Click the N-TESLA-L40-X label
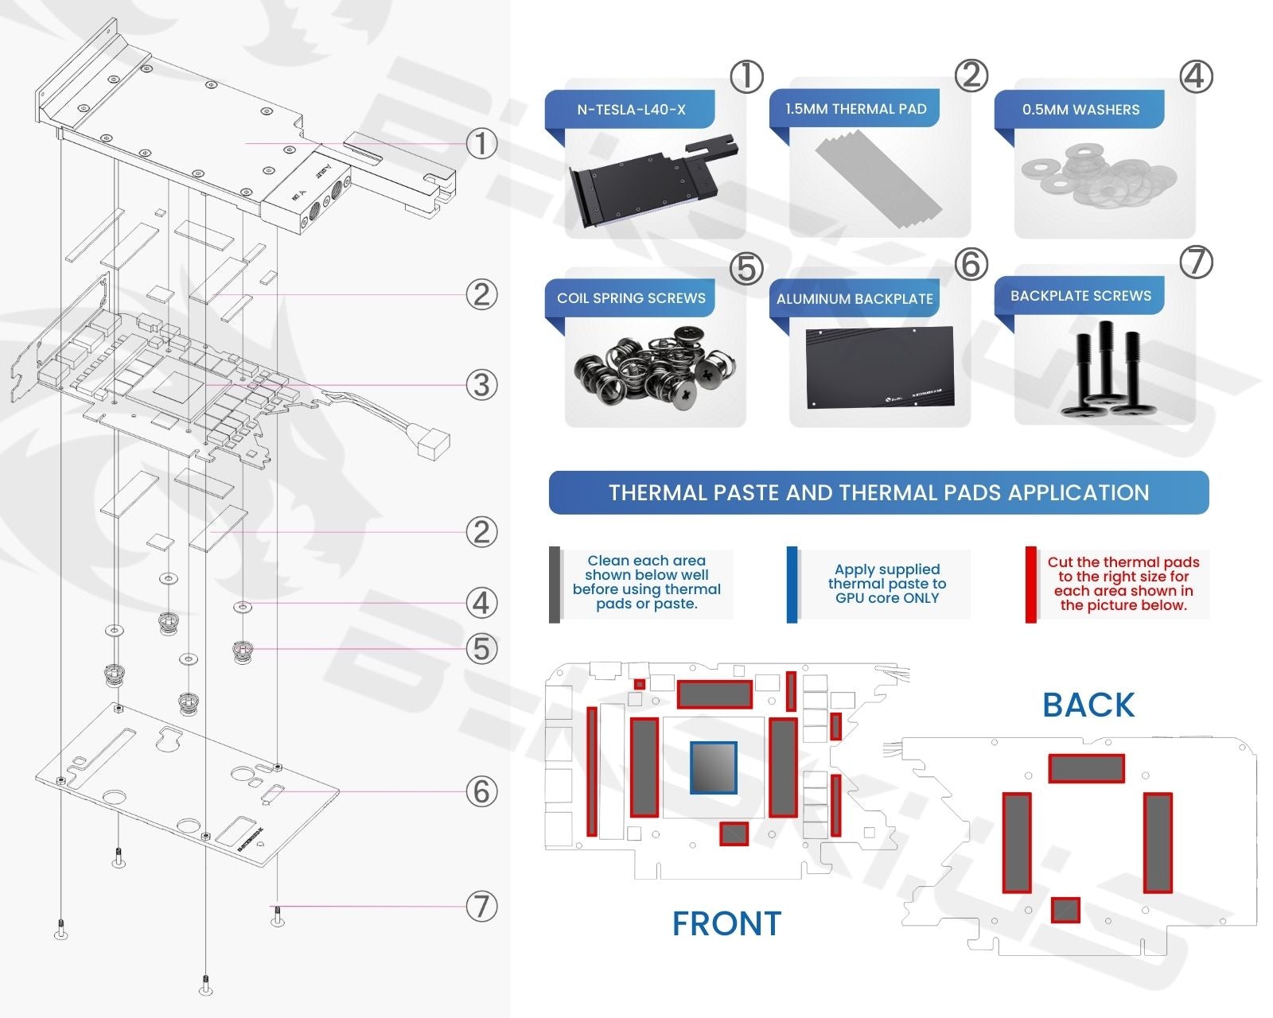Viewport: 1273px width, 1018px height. pos(631,110)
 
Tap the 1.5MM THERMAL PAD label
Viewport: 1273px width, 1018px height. pos(855,109)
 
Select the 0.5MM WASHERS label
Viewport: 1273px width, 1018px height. pos(1080,110)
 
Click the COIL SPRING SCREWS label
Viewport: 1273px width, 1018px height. pos(631,298)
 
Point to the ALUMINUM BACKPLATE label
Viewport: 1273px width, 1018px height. pos(855,299)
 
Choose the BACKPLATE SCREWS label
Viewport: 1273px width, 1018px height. pos(1080,296)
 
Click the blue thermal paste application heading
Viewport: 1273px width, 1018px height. pos(878,493)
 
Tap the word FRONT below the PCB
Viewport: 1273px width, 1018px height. pos(726,923)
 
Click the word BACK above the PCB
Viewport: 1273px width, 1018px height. pos(1088,705)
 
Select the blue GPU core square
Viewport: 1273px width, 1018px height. pos(713,767)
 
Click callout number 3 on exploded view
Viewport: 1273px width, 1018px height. pos(481,385)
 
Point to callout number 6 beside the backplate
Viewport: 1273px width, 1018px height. pos(481,791)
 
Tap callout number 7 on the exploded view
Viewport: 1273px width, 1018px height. pos(481,906)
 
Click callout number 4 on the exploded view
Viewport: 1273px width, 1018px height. pos(481,603)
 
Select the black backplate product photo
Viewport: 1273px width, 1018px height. pos(879,367)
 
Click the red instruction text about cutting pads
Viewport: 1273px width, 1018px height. pos(1123,584)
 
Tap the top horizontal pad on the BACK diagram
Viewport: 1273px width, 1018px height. pos(1086,768)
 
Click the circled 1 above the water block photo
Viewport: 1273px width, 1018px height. pos(746,77)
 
